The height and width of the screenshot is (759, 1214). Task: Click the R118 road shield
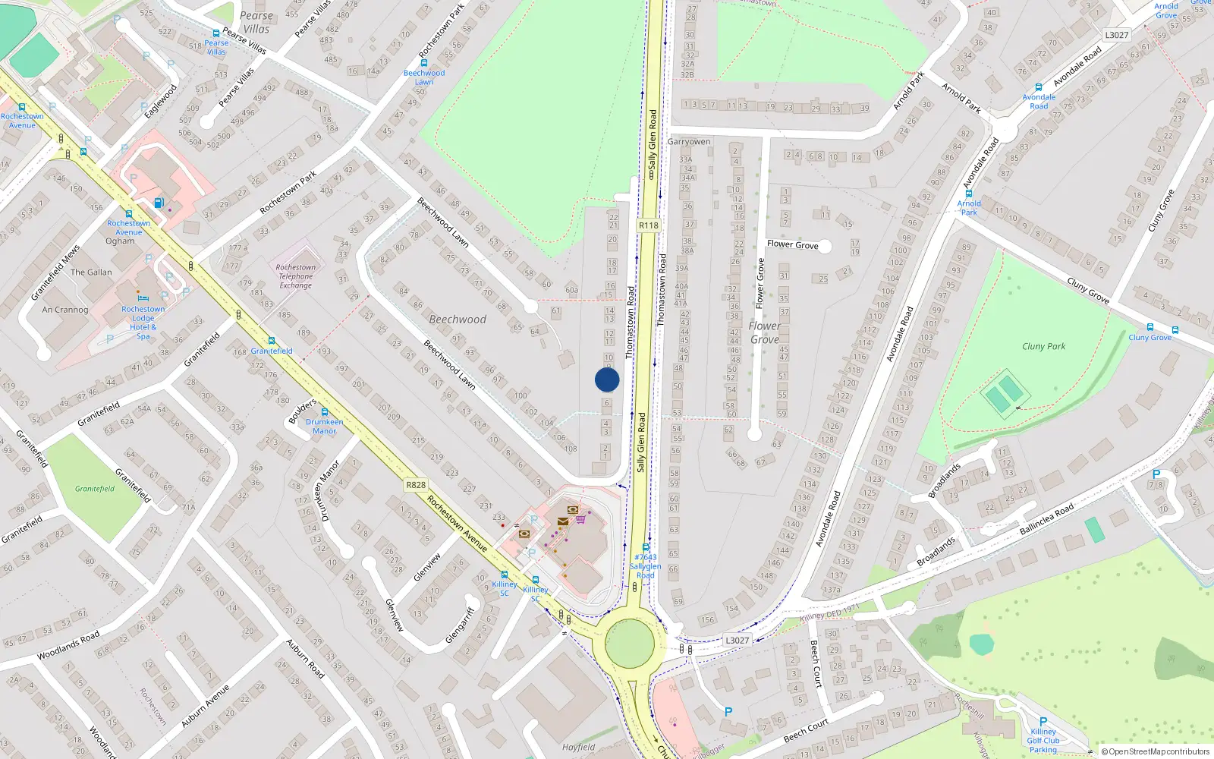[649, 225]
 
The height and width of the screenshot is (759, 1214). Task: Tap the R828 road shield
[416, 485]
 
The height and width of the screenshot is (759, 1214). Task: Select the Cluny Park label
[1043, 347]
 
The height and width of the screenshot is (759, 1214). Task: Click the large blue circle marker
[607, 379]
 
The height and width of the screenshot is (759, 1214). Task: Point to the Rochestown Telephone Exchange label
[295, 276]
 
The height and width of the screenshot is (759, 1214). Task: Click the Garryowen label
[689, 142]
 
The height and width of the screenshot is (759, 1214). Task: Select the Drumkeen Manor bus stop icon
[325, 412]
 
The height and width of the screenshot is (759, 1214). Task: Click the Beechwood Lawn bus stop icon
[424, 63]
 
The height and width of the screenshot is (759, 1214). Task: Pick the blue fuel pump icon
[159, 203]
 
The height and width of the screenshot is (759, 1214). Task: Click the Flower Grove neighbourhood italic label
[764, 332]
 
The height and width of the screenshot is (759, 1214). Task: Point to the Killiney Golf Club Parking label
[1043, 741]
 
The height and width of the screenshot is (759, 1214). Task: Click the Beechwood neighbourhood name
[458, 320]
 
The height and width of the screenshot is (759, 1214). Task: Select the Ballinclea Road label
[1046, 519]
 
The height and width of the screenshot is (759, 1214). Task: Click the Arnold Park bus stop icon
[969, 194]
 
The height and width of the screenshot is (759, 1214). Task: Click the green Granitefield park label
[95, 489]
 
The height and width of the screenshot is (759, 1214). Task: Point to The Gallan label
[91, 272]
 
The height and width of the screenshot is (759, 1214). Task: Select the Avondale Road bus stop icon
[1039, 87]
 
